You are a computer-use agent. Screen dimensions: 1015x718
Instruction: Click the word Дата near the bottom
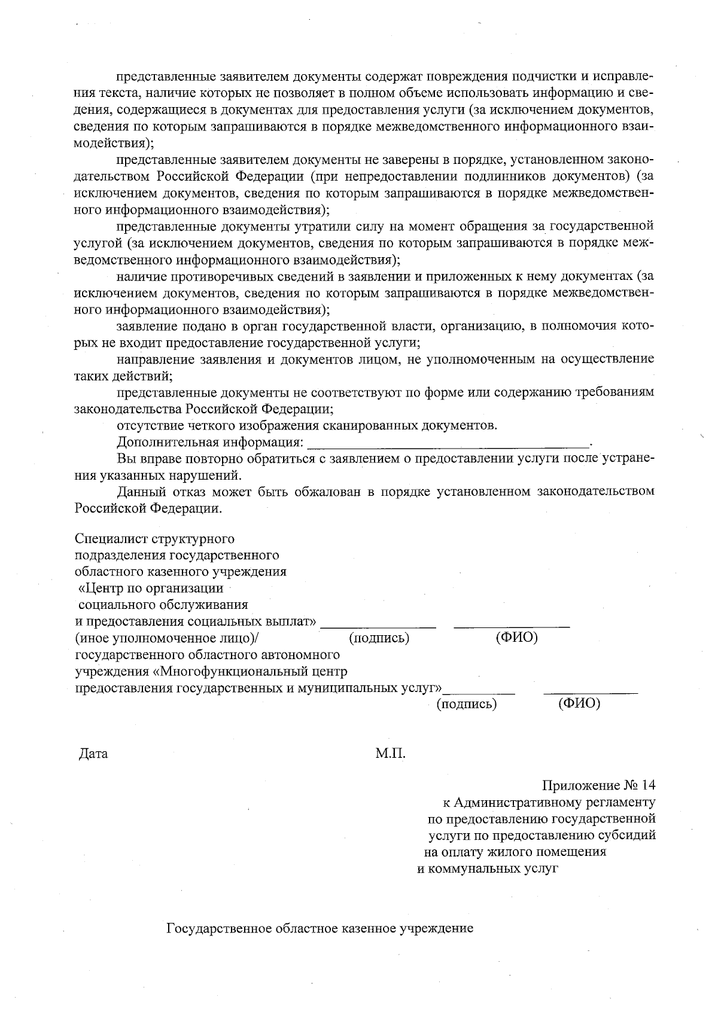(x=93, y=754)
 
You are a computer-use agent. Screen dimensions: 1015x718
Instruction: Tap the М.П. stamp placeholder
(x=390, y=754)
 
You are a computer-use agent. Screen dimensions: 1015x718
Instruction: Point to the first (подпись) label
(x=378, y=638)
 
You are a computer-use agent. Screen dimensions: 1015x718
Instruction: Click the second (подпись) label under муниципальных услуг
(x=467, y=704)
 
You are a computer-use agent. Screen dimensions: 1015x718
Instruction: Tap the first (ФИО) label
(x=516, y=638)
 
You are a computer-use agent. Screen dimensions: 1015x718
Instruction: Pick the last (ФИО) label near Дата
(x=579, y=704)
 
